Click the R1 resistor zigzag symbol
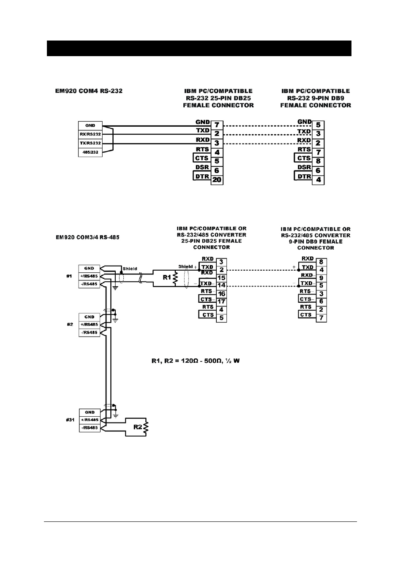click(x=175, y=278)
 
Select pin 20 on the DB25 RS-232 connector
click(x=217, y=180)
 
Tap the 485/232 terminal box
click(x=90, y=152)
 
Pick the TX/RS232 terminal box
click(x=90, y=143)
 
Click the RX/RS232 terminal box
click(x=90, y=134)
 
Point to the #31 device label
click(x=70, y=420)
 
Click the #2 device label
click(x=70, y=324)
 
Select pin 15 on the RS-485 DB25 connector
click(x=221, y=278)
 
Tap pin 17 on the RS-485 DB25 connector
click(x=221, y=302)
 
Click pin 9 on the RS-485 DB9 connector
click(x=321, y=278)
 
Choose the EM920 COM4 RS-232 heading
click(x=89, y=91)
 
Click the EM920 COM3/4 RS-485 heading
click(x=87, y=237)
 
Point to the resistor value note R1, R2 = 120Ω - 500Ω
click(x=196, y=361)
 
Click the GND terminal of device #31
click(x=90, y=412)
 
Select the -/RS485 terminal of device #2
click(x=90, y=333)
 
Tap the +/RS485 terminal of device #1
click(x=89, y=276)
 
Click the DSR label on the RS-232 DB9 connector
click(x=305, y=168)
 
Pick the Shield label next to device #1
click(x=130, y=269)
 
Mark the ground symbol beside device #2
click(x=116, y=320)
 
